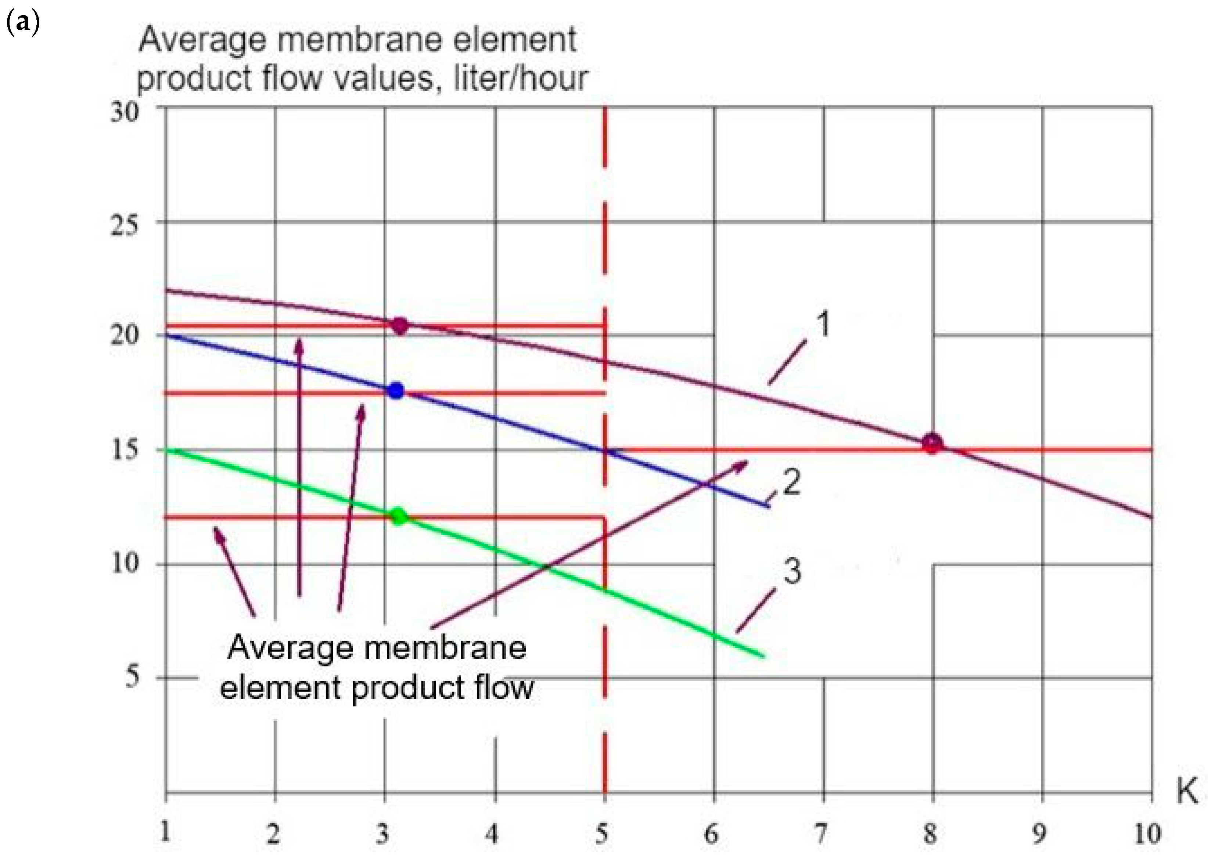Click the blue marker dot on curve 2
(x=396, y=391)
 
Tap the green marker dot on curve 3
(x=398, y=516)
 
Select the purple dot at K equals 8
(x=932, y=443)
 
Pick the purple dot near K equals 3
(x=400, y=326)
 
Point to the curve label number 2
(x=792, y=483)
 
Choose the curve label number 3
(x=792, y=572)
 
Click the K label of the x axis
(x=1187, y=792)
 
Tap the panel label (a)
(x=22, y=24)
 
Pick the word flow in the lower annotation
(x=503, y=689)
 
